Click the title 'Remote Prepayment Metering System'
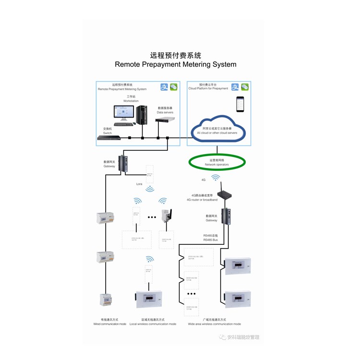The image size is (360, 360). click(176, 64)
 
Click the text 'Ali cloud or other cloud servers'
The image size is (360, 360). click(217, 133)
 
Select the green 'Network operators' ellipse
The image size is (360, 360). click(217, 162)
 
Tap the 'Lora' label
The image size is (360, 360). click(139, 184)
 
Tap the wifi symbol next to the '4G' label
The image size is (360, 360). click(216, 178)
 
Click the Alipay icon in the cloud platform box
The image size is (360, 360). click(235, 87)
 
